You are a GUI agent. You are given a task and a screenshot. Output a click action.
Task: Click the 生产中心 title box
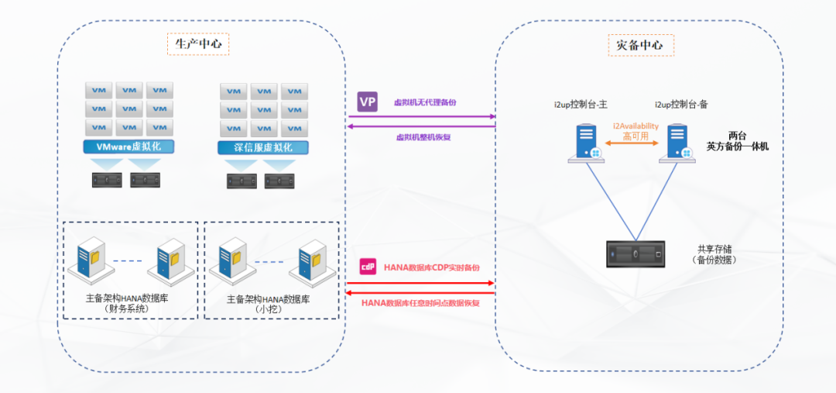point(197,43)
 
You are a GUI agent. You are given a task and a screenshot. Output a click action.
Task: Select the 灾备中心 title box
point(639,45)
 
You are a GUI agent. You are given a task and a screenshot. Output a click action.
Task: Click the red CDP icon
point(368,267)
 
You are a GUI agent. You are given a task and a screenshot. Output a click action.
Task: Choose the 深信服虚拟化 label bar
point(264,147)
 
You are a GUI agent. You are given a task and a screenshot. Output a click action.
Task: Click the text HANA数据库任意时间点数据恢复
point(420,303)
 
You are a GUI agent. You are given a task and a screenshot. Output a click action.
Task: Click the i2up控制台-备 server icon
point(679,143)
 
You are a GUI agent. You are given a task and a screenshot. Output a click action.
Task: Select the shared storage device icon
point(636,253)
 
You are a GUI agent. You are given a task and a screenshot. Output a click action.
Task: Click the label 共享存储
point(714,249)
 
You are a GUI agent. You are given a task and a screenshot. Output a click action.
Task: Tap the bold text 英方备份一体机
point(738,146)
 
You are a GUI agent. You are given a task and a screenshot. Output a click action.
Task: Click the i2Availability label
point(636,126)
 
